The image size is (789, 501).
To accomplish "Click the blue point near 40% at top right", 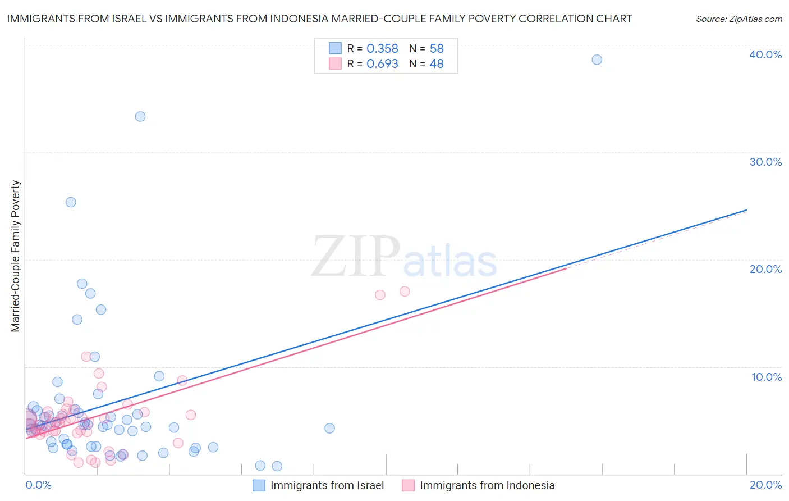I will tap(597, 60).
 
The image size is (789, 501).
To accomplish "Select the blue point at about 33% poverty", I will tap(140, 116).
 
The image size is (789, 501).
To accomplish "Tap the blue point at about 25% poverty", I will tap(71, 202).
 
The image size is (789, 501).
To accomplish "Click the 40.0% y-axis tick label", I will tap(765, 54).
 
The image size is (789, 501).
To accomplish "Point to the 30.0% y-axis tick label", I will tap(765, 162).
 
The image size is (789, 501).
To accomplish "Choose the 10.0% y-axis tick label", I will tap(766, 377).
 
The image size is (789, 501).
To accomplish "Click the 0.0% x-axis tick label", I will tap(38, 485).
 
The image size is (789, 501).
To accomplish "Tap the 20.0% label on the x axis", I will tap(765, 485).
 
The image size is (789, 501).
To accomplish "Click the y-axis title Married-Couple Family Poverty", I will tap(16, 256).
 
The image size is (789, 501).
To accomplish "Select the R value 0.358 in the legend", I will tap(382, 49).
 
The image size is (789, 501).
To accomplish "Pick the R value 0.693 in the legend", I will tap(382, 64).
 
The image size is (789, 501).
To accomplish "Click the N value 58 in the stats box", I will tap(437, 49).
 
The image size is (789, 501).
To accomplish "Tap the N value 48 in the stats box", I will tap(437, 64).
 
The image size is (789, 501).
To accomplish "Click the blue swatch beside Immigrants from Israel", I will tap(259, 485).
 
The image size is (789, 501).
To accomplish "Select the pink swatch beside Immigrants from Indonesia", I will tap(408, 485).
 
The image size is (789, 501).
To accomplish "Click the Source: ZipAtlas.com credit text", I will tap(738, 19).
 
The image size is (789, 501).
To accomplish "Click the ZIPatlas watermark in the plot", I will tap(404, 257).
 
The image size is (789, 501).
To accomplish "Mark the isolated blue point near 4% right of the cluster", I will tap(329, 428).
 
